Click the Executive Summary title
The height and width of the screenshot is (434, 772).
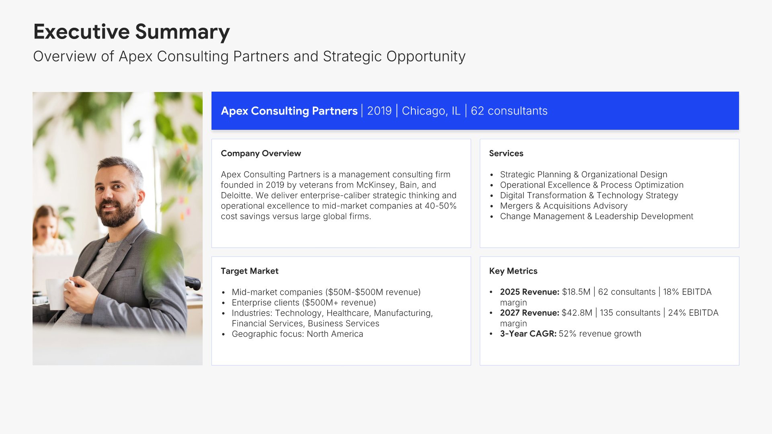coord(131,32)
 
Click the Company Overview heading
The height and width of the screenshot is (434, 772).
coord(261,153)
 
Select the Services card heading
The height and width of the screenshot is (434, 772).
coord(506,153)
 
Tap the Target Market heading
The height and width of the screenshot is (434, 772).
coord(249,271)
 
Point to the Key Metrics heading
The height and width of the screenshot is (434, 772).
coord(513,271)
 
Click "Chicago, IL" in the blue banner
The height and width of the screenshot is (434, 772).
coord(431,111)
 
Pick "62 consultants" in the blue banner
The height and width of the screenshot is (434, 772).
coord(509,111)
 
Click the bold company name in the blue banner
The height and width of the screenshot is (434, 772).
coord(289,111)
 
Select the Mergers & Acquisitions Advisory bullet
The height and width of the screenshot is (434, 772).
coord(564,206)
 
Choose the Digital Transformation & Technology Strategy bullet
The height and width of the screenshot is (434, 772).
coord(589,195)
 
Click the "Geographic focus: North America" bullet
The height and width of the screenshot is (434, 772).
coord(297,334)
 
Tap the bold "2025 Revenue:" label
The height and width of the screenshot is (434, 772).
coord(530,292)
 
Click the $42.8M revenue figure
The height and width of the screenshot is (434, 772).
coord(577,313)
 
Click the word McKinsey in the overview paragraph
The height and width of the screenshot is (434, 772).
coord(376,185)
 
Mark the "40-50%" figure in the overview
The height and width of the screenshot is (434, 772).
coord(441,206)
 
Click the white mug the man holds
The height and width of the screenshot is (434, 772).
coord(57,294)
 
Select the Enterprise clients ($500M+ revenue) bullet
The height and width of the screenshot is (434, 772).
coord(304,303)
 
